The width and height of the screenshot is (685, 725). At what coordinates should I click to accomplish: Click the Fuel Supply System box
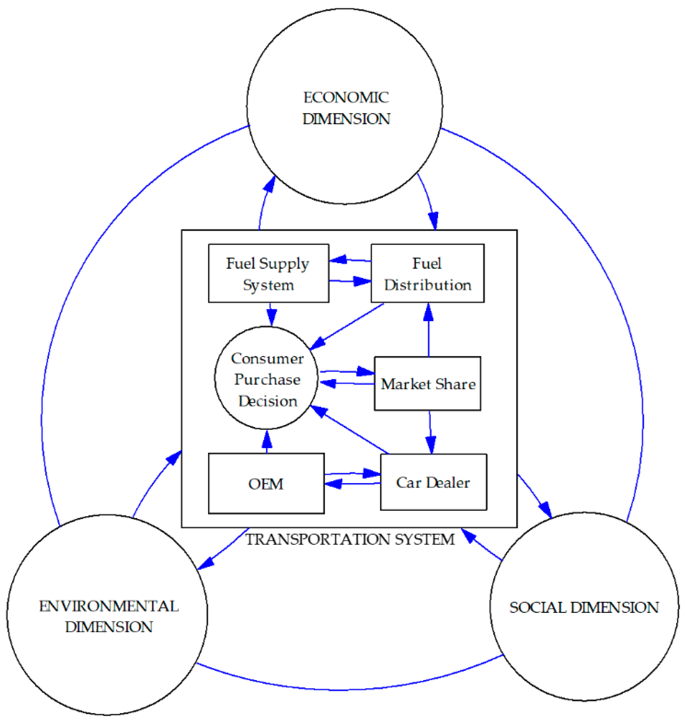pos(269,273)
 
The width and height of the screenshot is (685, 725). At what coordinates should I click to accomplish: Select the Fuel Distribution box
pos(427,273)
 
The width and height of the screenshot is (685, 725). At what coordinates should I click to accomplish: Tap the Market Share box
pos(427,384)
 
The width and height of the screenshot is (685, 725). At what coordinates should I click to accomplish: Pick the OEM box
pos(266,483)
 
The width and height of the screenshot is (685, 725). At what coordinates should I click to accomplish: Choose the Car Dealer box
pos(433,482)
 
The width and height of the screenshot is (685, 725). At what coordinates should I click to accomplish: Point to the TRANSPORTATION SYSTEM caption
pos(350,540)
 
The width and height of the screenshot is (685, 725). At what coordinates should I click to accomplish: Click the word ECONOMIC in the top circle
pos(346,98)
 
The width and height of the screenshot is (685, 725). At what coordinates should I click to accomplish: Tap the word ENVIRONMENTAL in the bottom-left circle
pos(109,606)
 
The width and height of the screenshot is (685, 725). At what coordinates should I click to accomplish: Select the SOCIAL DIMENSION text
pos(584,607)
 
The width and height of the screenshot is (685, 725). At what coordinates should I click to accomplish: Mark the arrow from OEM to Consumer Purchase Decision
pos(267,442)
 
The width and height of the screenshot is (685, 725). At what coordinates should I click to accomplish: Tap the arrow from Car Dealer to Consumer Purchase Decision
pos(351,430)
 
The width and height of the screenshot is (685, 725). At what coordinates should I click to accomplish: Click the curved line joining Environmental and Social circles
pos(343,690)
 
